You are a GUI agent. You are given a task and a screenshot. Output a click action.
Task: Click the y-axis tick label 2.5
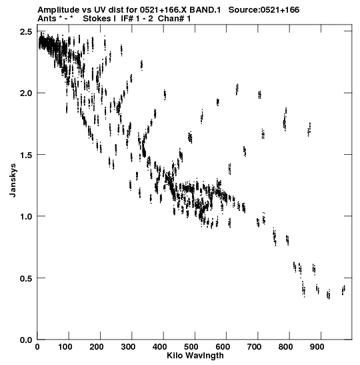pyautogui.click(x=26, y=31)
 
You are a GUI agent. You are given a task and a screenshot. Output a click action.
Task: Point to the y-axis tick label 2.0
pyautogui.click(x=26, y=93)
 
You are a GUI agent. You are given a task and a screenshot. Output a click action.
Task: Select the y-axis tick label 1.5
pyautogui.click(x=26, y=155)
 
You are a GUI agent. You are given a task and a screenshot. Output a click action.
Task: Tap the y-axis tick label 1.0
pyautogui.click(x=26, y=216)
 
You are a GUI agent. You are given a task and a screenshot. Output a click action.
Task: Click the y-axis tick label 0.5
pyautogui.click(x=26, y=278)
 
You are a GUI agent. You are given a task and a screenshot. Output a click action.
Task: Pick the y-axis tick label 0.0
pyautogui.click(x=26, y=340)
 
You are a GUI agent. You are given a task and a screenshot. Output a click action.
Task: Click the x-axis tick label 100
pyautogui.click(x=65, y=347)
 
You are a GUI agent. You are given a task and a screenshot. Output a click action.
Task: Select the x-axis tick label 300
pyautogui.click(x=128, y=347)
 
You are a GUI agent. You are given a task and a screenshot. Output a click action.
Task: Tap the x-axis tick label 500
pyautogui.click(x=191, y=347)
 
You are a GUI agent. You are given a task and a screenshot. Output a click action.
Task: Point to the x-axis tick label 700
pyautogui.click(x=254, y=347)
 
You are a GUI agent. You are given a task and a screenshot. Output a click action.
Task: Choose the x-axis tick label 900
pyautogui.click(x=317, y=347)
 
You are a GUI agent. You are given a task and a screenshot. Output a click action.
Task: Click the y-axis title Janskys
pyautogui.click(x=13, y=180)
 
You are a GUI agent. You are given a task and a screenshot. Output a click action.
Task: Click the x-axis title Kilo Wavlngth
pyautogui.click(x=195, y=356)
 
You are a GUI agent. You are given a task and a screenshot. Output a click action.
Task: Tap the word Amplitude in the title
pyautogui.click(x=59, y=10)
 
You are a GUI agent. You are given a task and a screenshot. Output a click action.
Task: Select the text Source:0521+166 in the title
pyautogui.click(x=264, y=10)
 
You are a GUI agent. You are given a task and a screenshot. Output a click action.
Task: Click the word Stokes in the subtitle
pyautogui.click(x=97, y=19)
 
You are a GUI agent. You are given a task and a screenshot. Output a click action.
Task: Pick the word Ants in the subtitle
pyautogui.click(x=47, y=19)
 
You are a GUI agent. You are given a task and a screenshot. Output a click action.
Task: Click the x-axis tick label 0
pyautogui.click(x=37, y=347)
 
